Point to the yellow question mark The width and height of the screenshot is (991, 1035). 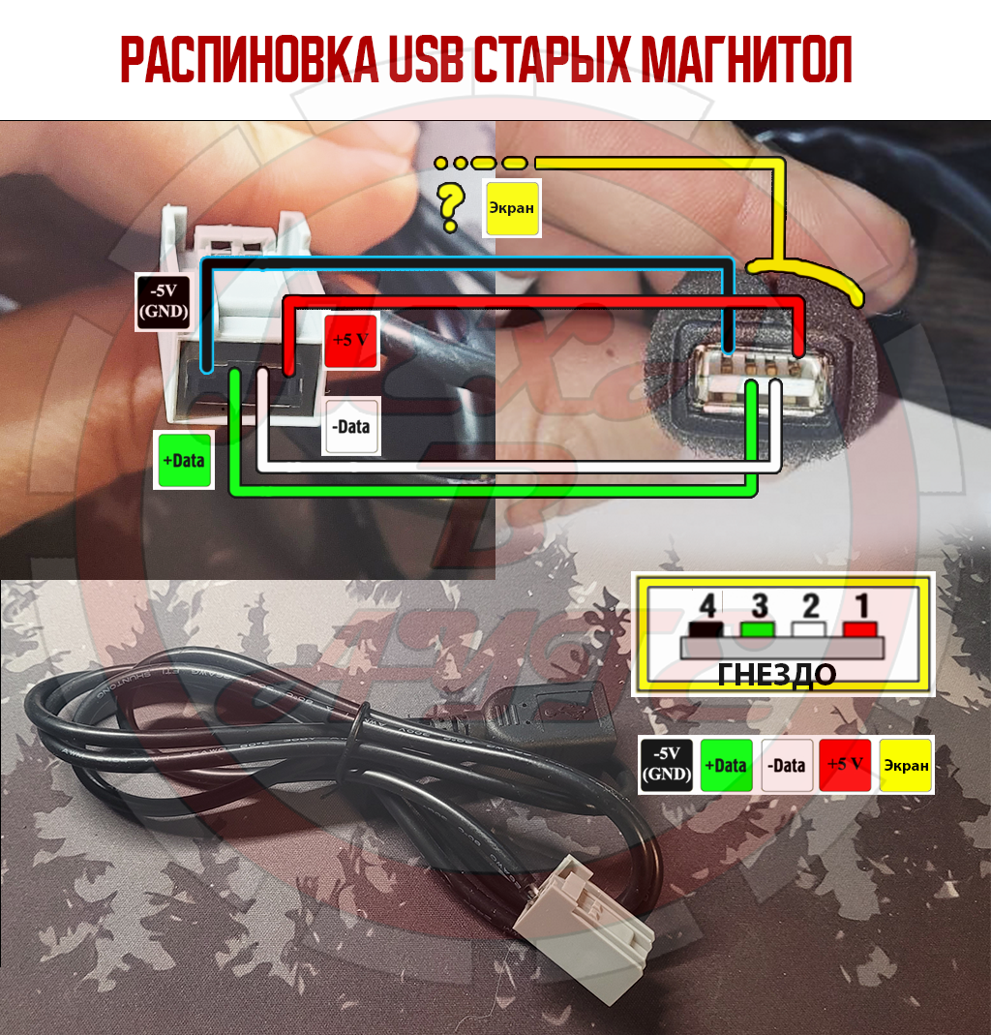pos(451,207)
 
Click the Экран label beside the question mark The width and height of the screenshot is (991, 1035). pos(511,208)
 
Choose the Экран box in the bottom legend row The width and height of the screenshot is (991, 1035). pos(906,765)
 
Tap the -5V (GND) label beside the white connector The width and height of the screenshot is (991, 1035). pos(164,301)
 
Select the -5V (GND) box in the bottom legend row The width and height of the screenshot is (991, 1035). pos(667,765)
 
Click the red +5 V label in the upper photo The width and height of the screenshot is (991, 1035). pos(350,341)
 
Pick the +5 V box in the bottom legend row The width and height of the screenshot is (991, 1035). pos(845,765)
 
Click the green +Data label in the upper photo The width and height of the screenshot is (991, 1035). pos(184,460)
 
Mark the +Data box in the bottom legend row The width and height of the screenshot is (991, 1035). pos(726,765)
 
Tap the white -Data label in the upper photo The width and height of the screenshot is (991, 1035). pos(351,426)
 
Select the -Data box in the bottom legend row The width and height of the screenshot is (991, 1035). pos(787,765)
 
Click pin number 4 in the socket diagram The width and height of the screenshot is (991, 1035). pos(707,605)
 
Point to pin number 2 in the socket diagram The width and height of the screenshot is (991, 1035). pos(811,605)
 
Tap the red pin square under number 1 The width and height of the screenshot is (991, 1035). pos(860,629)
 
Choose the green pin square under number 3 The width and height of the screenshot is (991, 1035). pos(758,629)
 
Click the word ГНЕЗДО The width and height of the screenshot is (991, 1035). pos(776,675)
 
